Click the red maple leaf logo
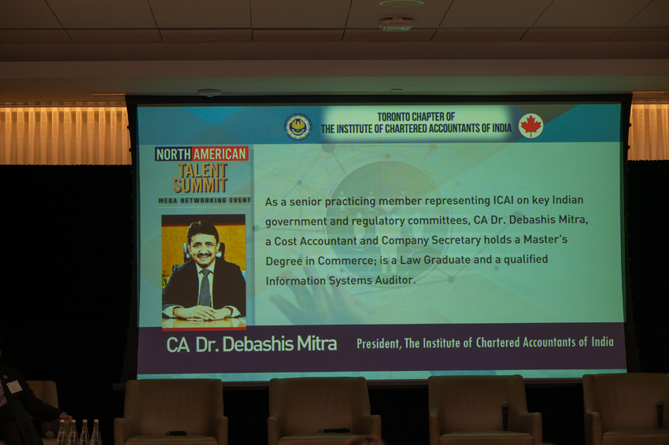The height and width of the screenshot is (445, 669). [530, 126]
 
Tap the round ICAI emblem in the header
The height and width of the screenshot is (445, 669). [298, 127]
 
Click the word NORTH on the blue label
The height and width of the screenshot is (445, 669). [174, 154]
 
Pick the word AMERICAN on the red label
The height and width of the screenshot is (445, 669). [220, 154]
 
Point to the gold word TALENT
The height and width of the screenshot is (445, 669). [201, 170]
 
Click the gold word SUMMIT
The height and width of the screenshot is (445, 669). [200, 185]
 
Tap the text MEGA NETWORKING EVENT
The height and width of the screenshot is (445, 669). [205, 200]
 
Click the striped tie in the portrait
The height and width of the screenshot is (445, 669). [205, 287]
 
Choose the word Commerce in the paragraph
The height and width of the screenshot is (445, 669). [346, 261]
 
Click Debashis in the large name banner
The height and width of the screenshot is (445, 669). [257, 344]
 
